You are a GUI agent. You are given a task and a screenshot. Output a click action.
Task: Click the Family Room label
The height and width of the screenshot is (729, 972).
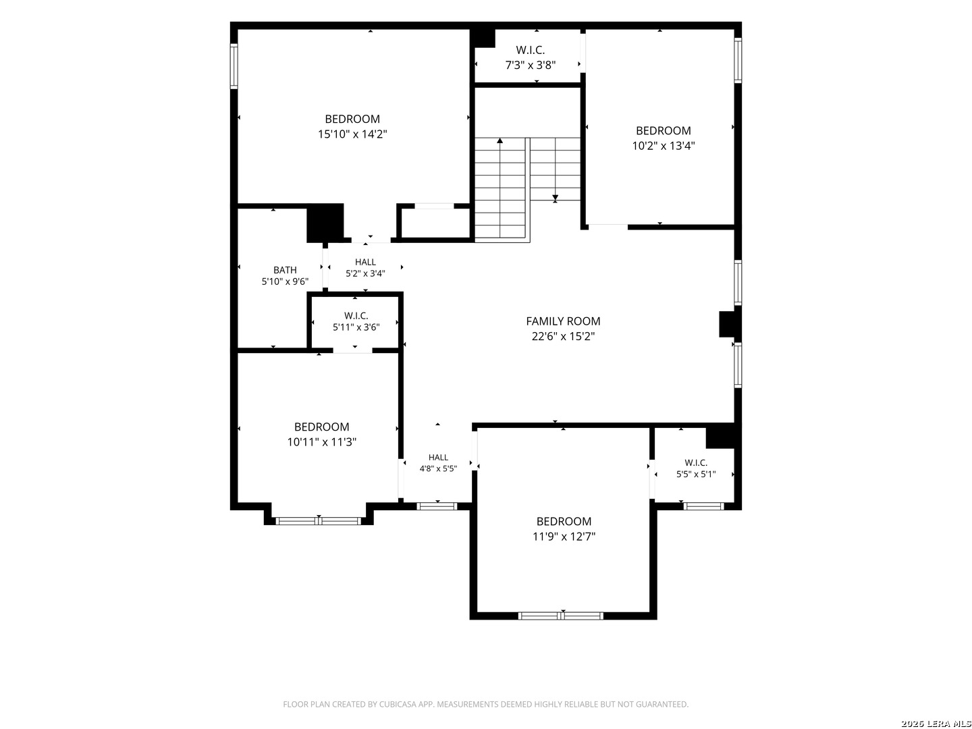pyautogui.click(x=563, y=321)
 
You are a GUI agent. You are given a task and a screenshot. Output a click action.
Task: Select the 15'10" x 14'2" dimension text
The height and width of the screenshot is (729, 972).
pyautogui.click(x=352, y=134)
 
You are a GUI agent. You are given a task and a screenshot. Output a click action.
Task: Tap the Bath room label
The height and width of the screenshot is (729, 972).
pyautogui.click(x=285, y=269)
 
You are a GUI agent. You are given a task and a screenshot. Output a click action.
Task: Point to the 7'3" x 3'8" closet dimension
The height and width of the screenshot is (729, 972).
pyautogui.click(x=531, y=65)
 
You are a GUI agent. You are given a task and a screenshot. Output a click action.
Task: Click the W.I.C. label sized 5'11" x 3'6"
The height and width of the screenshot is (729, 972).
pyautogui.click(x=356, y=316)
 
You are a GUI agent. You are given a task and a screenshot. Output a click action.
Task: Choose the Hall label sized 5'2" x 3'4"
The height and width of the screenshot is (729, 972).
pyautogui.click(x=365, y=262)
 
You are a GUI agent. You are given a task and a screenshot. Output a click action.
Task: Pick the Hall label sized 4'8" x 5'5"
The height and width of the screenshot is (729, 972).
pyautogui.click(x=438, y=457)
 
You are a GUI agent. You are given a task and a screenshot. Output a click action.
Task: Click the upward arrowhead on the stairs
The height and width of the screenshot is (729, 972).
pyautogui.click(x=500, y=140)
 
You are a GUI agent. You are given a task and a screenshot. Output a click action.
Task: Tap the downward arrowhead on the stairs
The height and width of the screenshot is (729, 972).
pyautogui.click(x=555, y=198)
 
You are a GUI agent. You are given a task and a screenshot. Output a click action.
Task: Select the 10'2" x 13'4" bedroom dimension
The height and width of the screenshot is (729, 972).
pyautogui.click(x=664, y=146)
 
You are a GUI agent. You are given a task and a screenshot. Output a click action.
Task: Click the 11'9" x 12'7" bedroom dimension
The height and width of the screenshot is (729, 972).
pyautogui.click(x=564, y=537)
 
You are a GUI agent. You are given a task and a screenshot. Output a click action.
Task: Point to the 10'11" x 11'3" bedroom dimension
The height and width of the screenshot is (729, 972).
pyautogui.click(x=322, y=441)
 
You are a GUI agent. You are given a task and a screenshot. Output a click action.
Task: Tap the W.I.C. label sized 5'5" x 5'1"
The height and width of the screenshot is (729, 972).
pyautogui.click(x=696, y=462)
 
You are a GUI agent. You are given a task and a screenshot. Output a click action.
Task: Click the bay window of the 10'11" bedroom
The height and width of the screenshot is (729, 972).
pyautogui.click(x=319, y=521)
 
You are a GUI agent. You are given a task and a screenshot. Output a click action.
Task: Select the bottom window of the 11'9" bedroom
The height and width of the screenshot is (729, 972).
pyautogui.click(x=561, y=616)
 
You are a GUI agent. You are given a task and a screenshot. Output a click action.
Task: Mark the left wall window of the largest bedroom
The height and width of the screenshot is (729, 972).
pyautogui.click(x=234, y=66)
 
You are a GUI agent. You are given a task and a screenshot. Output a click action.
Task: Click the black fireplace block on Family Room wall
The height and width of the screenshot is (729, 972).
pyautogui.click(x=727, y=324)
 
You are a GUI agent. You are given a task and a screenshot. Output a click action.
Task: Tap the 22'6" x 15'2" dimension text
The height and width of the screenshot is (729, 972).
pyautogui.click(x=563, y=336)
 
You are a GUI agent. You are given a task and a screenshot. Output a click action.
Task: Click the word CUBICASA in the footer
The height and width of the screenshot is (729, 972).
pyautogui.click(x=397, y=704)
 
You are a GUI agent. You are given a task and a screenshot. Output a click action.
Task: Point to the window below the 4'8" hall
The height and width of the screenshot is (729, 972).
pyautogui.click(x=437, y=506)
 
